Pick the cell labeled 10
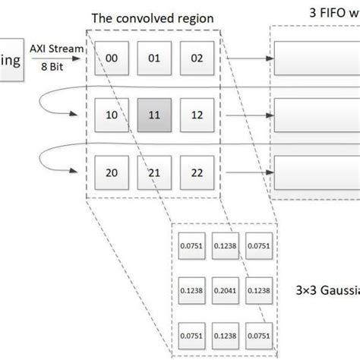point(111,116)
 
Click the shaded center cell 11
point(155,116)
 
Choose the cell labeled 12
point(197,116)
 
